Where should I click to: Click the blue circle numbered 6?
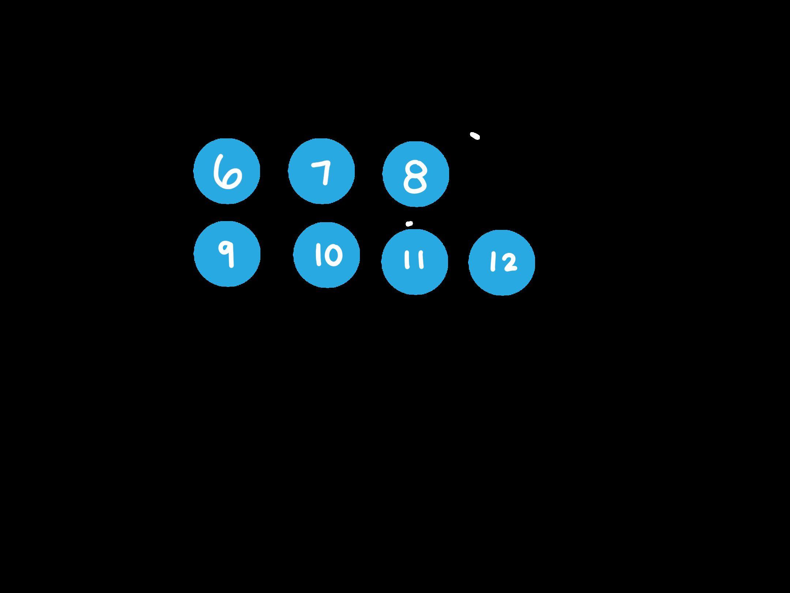tap(227, 171)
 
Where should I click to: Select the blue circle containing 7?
tap(321, 171)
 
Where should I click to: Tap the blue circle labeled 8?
tap(415, 174)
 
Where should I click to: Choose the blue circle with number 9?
tap(227, 254)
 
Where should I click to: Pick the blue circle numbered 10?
tap(327, 255)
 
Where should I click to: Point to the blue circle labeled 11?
tap(415, 262)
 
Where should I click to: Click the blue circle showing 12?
tap(502, 262)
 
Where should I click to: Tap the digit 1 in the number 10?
tap(317, 255)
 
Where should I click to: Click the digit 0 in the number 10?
tap(334, 255)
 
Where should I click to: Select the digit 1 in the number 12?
tap(493, 262)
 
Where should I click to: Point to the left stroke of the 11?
tap(407, 260)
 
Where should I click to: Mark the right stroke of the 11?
tap(421, 260)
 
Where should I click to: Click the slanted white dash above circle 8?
tap(475, 136)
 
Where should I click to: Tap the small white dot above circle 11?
tap(409, 224)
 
